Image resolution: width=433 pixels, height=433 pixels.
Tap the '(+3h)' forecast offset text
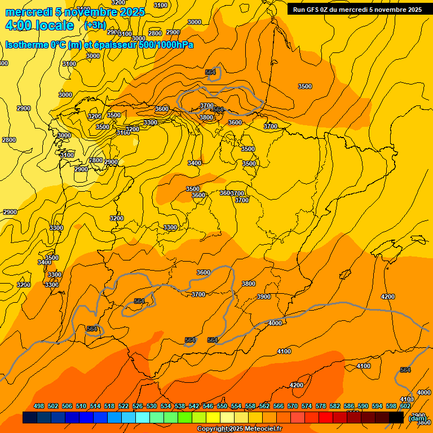point(95,25)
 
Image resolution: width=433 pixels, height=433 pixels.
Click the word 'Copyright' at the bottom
point(213,429)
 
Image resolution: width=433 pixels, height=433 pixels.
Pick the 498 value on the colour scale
point(39,406)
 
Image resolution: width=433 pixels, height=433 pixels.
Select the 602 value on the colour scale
point(405,406)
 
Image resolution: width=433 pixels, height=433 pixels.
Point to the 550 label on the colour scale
point(222,406)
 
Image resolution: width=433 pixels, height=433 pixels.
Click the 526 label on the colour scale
point(138,406)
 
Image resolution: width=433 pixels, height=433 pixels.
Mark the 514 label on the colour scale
point(95,406)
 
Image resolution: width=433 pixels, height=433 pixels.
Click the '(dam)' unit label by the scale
point(417,418)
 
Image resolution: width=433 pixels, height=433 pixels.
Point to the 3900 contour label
point(263,297)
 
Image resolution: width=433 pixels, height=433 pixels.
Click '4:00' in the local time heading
point(17,25)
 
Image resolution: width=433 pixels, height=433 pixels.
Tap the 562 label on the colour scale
point(264,406)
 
